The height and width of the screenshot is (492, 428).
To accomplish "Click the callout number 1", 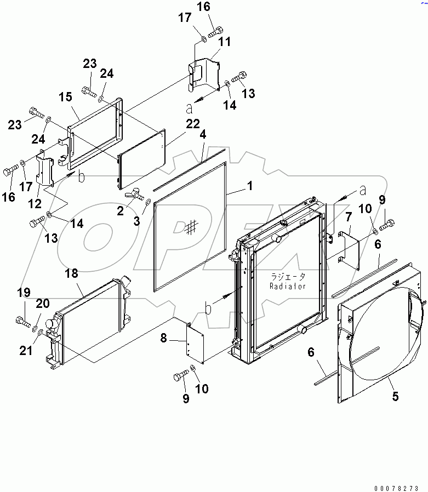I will click(249, 186).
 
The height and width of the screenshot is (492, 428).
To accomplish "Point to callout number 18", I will click(73, 273).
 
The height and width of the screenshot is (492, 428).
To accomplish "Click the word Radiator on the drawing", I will click(287, 286).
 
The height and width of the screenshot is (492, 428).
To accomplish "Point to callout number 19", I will click(24, 293).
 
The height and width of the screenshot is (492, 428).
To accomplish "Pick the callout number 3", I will click(138, 221).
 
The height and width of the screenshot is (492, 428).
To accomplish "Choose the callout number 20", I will click(43, 304).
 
